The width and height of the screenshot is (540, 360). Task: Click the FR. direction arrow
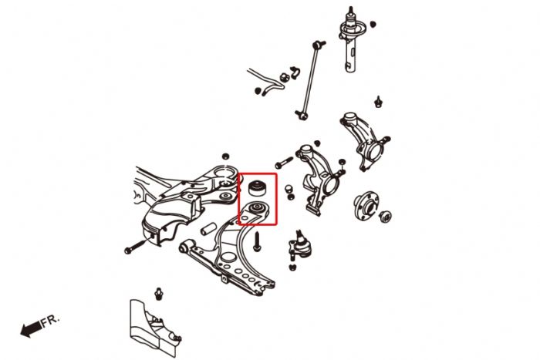[30, 330]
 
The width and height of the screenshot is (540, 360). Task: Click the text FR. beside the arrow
[49, 319]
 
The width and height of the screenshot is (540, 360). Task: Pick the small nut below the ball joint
[293, 267]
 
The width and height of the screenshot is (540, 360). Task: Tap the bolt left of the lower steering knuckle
[280, 163]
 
